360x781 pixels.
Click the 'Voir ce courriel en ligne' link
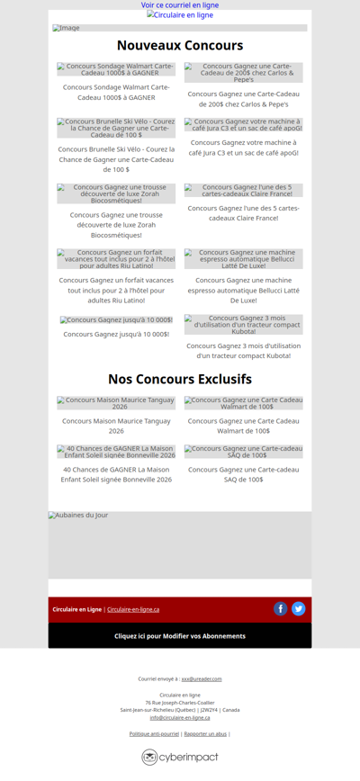180,5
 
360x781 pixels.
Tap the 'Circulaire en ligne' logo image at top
180,15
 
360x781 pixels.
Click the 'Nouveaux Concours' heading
180,46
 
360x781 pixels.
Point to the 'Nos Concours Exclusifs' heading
180,379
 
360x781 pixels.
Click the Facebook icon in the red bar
281,609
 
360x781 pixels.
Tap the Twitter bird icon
299,609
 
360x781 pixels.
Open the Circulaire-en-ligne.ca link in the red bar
133,609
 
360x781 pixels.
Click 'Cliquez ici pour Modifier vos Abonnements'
180,636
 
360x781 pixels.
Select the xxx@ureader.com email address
202,678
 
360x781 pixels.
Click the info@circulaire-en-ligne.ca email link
180,717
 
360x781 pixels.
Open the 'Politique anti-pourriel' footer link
154,734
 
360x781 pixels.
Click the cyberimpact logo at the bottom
180,758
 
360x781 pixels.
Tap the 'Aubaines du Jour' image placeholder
180,545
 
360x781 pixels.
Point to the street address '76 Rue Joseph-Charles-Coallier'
180,703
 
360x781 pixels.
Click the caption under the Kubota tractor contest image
243,350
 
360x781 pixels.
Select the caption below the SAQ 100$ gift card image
243,474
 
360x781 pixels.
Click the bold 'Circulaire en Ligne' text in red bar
76,609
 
